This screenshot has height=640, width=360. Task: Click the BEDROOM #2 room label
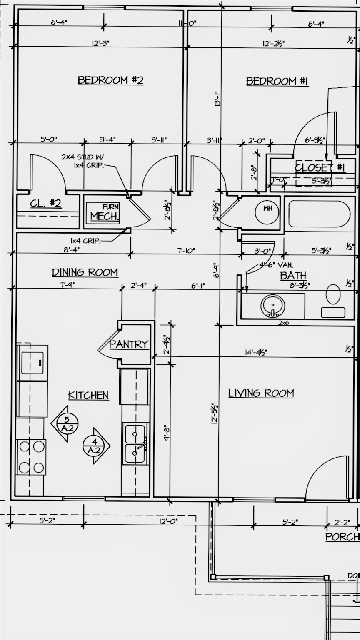coord(110,80)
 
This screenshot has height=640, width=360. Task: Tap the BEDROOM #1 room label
coord(277,81)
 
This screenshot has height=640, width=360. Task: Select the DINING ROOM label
coord(85,272)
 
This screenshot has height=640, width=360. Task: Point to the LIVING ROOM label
coord(261,393)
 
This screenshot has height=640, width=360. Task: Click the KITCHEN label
coord(88,395)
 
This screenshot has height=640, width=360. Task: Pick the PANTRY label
coord(129,344)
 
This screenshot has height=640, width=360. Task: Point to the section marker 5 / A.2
coord(65,423)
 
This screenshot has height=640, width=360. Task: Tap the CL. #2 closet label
coord(46,204)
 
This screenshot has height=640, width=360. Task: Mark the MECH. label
coord(105,216)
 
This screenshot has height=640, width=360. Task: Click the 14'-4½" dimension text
coord(256,352)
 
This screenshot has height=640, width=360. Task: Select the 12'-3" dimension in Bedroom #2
coord(100,43)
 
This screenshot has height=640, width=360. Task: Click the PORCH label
coord(342,537)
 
